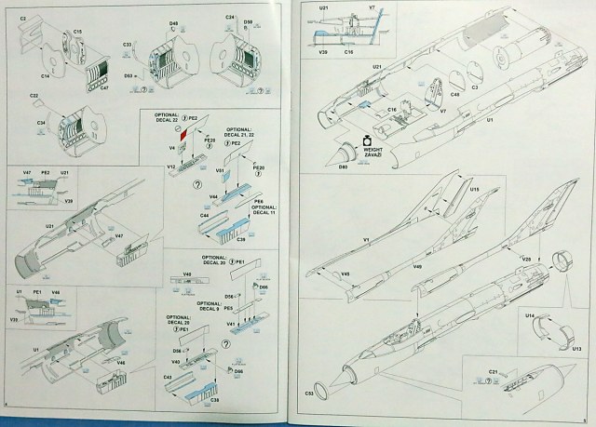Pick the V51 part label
coord(220,171)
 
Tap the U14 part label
coord(530,318)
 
